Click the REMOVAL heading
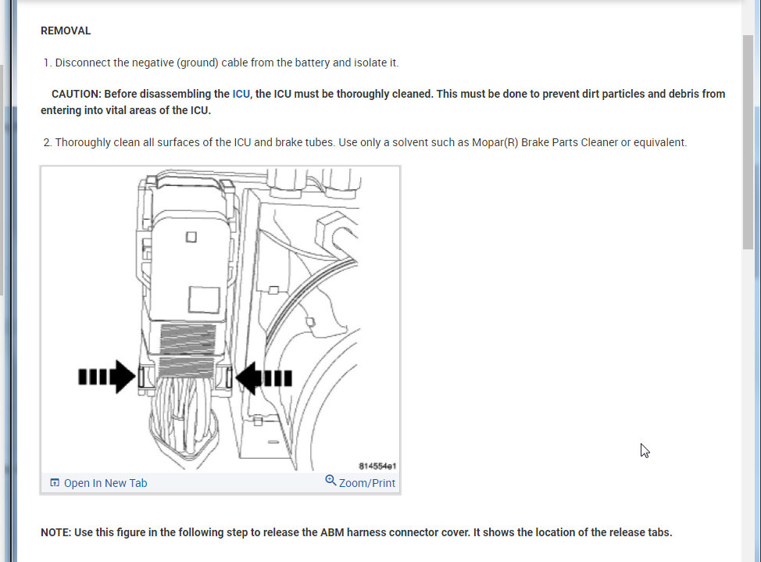66,31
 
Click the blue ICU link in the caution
241,94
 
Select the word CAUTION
76,94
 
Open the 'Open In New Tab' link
105,483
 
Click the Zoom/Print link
366,483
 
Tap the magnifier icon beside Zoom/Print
330,481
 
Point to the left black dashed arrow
106,378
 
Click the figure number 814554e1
377,466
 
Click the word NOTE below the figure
55,532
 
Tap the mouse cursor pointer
645,450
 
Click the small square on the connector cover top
191,236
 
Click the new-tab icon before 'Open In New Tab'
55,483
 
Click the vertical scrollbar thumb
748,141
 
